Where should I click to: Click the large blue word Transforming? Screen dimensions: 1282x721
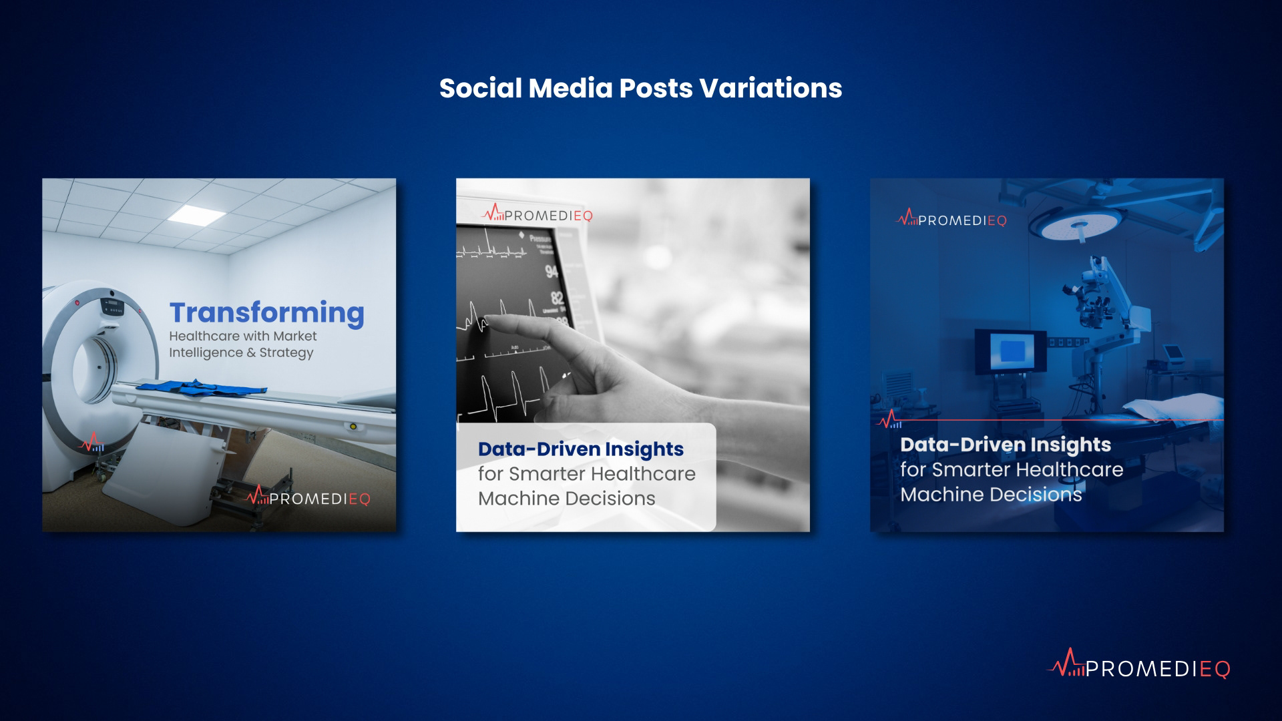(267, 313)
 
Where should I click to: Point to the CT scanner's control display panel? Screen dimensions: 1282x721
(114, 308)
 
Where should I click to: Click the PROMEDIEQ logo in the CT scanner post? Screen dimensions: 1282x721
(308, 498)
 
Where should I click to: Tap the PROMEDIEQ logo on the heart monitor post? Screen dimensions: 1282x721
(537, 214)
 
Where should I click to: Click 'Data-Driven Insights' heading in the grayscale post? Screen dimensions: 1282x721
(581, 449)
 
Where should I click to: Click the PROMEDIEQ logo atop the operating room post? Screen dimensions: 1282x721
(951, 219)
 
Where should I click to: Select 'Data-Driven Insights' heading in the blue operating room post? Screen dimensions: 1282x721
(1006, 445)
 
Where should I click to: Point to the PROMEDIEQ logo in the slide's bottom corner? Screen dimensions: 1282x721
(1139, 664)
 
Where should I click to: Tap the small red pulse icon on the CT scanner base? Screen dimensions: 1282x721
(91, 442)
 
